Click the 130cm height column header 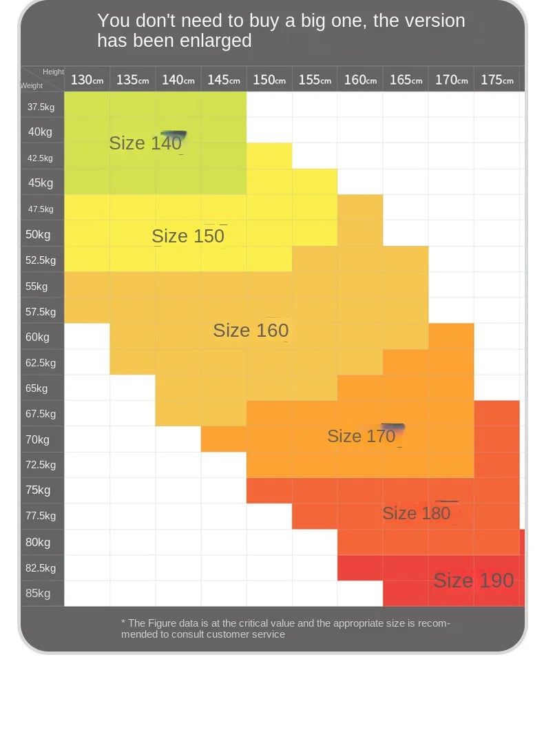coord(87,80)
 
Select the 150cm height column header coord(269,80)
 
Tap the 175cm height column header coord(497,80)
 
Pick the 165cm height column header coord(406,80)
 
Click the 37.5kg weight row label coord(41,107)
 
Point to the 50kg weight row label coord(38,234)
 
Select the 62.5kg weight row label coord(41,363)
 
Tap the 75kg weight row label coord(38,490)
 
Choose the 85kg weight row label coord(38,593)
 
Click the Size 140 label coord(145,143)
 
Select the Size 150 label coord(188,236)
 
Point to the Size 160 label coord(251,330)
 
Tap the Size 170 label coord(361,436)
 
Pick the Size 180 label coord(416,513)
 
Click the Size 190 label coord(474,580)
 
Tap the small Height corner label coord(53,72)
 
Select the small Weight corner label coord(31,85)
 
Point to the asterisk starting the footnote coord(123,621)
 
